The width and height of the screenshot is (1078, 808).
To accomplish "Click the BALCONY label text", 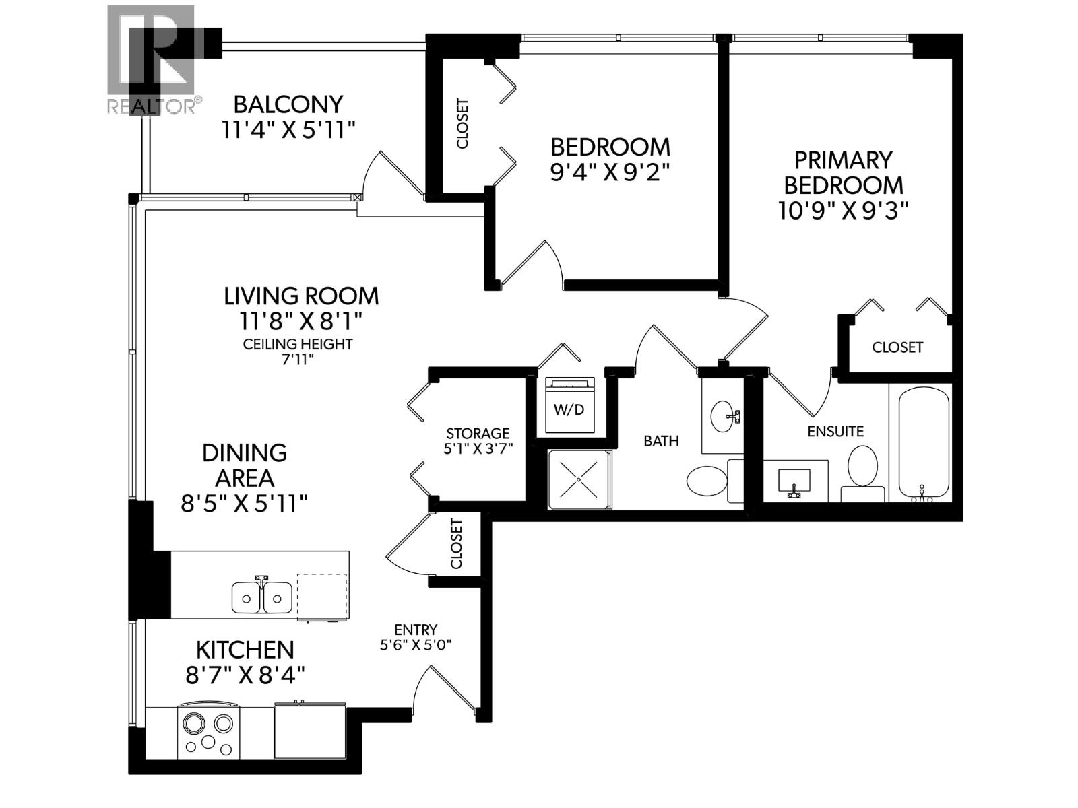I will (x=288, y=104).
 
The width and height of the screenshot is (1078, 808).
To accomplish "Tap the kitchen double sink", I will (x=262, y=597).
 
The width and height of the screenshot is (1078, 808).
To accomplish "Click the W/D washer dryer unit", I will (x=569, y=405).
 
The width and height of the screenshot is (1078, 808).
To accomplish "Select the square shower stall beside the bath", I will (x=579, y=479).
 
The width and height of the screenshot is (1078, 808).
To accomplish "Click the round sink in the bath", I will (x=723, y=415).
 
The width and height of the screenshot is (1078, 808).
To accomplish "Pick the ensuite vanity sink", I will (x=795, y=481).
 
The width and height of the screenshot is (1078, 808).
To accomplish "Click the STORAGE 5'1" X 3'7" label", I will (x=478, y=441).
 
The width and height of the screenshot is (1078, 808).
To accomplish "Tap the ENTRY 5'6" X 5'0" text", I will (x=416, y=637).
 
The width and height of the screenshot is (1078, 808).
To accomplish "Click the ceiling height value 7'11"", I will (x=298, y=360).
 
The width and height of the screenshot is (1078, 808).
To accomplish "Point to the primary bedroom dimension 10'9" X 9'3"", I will (x=843, y=211).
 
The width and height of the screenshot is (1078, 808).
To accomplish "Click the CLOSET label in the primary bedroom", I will (x=897, y=347).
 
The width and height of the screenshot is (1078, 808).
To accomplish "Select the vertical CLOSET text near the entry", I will (x=457, y=543).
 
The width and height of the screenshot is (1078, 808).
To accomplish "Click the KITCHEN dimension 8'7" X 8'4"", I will (x=245, y=675).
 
